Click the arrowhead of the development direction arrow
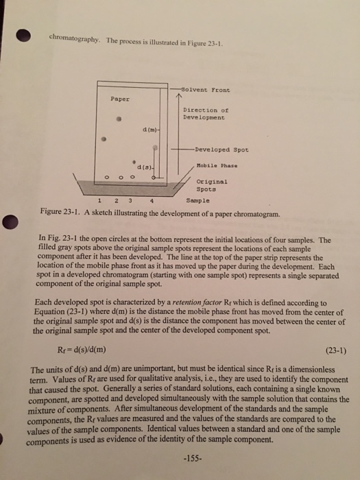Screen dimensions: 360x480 click(180, 98)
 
